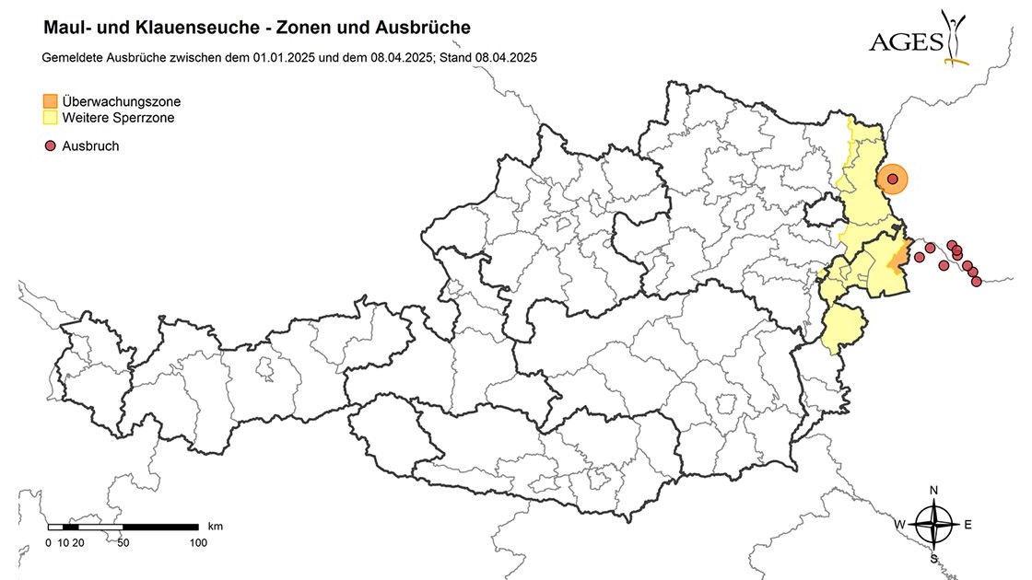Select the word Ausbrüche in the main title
[423, 29]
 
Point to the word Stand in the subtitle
[459, 57]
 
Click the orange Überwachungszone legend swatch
[51, 100]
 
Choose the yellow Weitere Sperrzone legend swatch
[51, 118]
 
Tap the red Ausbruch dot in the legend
[51, 145]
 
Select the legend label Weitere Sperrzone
[118, 118]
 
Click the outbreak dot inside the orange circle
[892, 179]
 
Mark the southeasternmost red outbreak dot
[977, 281]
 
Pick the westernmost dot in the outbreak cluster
[919, 257]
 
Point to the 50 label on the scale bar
[123, 542]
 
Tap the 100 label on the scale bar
[197, 542]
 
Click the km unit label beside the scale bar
[216, 527]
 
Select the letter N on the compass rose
[933, 490]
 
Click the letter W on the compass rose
[901, 524]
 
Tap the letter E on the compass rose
[967, 524]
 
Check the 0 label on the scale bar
[48, 542]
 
